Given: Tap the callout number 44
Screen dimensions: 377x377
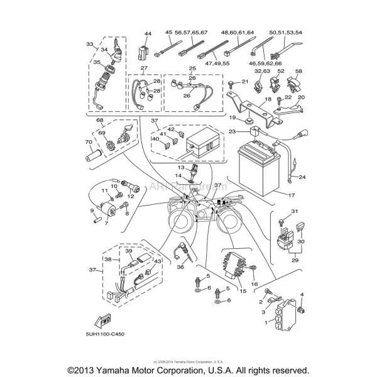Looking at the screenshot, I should [x=148, y=33].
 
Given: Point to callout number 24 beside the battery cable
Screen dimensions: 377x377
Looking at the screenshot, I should [x=302, y=177].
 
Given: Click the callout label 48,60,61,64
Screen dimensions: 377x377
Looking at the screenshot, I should [x=237, y=32].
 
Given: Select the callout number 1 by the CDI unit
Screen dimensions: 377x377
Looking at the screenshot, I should [x=266, y=322].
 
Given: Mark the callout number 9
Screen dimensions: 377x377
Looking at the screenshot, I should [x=92, y=210].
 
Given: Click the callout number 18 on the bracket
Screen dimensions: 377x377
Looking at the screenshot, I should [x=268, y=99].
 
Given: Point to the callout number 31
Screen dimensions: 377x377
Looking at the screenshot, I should [x=293, y=211].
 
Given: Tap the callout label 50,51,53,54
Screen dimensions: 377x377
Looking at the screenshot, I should [x=285, y=32].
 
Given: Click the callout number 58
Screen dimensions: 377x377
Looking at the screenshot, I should [x=299, y=71].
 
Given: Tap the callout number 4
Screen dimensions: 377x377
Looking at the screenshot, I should [x=302, y=294].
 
